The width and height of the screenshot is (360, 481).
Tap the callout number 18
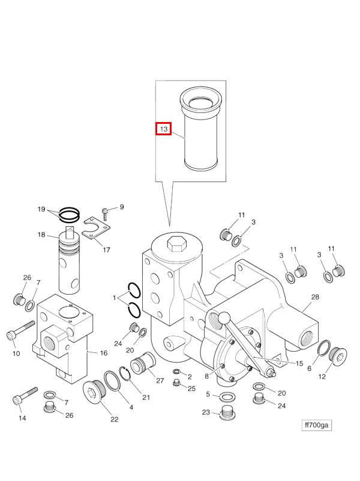point(42,234)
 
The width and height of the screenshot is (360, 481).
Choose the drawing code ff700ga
point(316,425)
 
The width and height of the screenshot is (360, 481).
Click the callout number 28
point(315,297)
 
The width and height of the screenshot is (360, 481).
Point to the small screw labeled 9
point(106,211)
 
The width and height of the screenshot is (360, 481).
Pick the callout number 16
point(103,353)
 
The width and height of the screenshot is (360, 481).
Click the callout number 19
point(41,209)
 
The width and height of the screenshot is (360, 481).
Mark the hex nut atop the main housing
point(177,244)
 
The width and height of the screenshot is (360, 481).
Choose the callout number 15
point(299,363)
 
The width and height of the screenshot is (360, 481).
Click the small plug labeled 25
point(176,384)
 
